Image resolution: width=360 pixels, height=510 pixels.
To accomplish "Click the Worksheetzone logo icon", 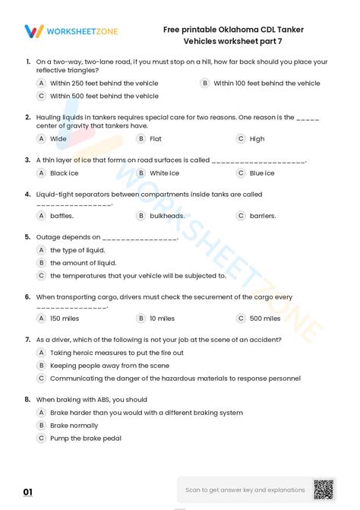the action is click(33, 31).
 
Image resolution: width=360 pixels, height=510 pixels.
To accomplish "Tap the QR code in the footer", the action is click(324, 489).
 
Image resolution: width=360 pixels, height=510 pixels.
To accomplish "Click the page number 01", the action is click(28, 493).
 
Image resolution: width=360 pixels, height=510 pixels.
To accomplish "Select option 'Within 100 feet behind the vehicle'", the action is click(267, 83).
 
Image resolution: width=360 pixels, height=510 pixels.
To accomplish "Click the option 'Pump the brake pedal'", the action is click(85, 438).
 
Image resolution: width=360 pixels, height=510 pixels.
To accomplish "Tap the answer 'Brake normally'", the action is click(74, 426).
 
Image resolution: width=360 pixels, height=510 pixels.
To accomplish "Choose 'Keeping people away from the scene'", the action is click(109, 366).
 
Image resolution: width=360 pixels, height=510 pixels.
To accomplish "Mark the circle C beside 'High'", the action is click(241, 139).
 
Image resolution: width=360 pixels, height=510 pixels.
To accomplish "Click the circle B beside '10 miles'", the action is click(141, 318).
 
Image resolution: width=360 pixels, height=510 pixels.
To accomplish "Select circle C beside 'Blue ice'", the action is click(241, 173).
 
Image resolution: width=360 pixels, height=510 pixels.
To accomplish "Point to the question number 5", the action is click(27, 237).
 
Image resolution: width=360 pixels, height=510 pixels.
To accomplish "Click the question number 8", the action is click(27, 399).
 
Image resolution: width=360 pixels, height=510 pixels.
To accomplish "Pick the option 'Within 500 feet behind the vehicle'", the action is click(104, 97).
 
